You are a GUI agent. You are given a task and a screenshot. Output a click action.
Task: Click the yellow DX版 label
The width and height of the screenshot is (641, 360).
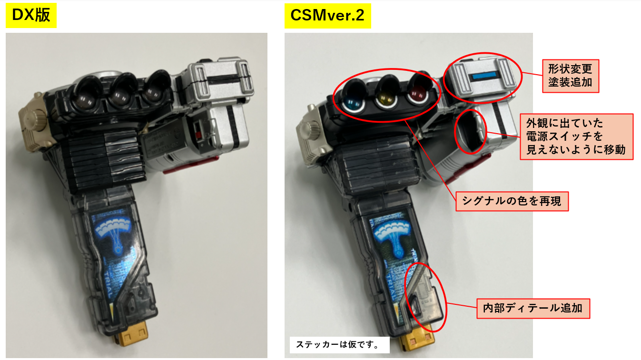31,15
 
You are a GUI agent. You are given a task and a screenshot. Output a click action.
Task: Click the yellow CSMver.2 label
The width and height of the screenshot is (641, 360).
328,16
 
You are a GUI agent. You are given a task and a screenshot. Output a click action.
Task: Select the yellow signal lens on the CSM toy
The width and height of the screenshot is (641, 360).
386,99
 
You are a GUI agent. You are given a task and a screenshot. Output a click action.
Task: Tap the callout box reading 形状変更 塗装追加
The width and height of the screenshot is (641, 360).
571,76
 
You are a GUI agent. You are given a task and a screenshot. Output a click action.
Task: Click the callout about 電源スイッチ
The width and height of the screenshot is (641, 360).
576,136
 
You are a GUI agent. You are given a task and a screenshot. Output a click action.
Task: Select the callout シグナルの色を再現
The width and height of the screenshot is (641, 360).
512,201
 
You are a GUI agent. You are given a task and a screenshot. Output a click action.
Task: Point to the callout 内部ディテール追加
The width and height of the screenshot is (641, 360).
533,309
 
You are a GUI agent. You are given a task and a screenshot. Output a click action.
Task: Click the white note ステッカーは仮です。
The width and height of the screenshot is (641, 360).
339,345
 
